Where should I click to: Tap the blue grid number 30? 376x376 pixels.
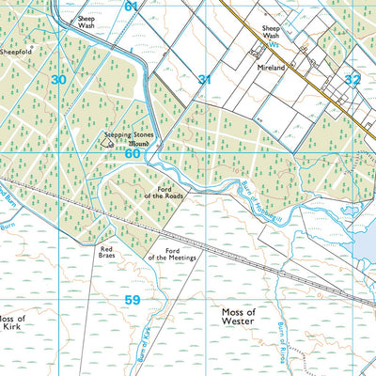coord(58,80)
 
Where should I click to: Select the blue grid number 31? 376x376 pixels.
coord(204,80)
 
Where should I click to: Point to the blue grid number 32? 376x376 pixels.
coord(352,80)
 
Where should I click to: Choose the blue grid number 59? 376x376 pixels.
coord(132,300)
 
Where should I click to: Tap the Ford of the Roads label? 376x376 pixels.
coord(163,192)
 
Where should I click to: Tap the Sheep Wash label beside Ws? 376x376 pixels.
coord(274,32)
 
